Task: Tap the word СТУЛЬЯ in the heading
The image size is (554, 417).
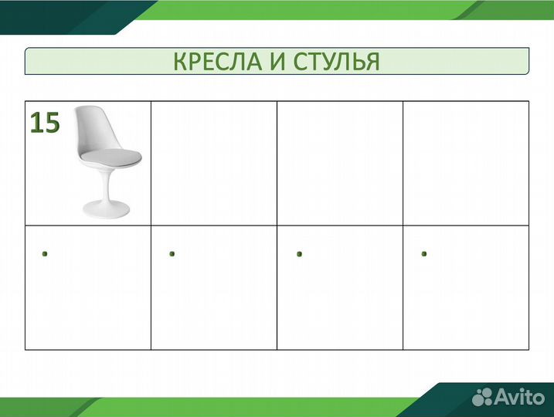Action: tap(337, 62)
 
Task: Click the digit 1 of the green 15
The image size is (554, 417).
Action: tap(36, 123)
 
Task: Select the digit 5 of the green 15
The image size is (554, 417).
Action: tap(51, 123)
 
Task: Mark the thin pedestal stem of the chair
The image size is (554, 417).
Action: tap(107, 185)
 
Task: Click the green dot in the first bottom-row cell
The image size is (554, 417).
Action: tap(46, 253)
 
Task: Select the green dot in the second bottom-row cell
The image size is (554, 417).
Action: tap(172, 253)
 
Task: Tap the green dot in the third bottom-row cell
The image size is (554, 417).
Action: tap(298, 253)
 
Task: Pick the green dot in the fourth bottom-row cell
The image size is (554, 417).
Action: tap(424, 253)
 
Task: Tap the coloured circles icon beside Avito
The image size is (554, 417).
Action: tap(484, 397)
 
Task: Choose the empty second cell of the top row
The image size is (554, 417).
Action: tap(214, 163)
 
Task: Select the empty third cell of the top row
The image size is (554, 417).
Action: tap(340, 163)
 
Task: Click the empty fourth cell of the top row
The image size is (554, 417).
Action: tap(466, 163)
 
